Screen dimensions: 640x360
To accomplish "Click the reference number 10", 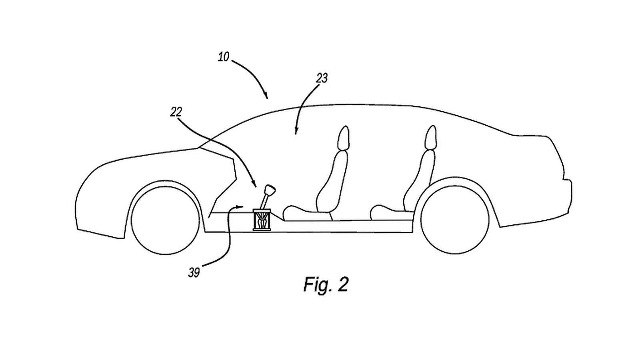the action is pos(224,57).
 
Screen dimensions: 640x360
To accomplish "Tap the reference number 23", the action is pos(322,78).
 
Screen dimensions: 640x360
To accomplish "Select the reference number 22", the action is pos(176,112).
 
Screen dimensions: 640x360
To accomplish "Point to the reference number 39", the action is pos(194,273).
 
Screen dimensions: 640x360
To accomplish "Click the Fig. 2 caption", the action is pos(326,284).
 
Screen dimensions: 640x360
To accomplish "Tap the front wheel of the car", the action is pos(166,220).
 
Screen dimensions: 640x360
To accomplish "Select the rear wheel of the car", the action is pos(455,220).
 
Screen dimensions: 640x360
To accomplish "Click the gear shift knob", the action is pos(270,190).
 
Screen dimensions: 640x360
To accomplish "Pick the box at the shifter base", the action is pos(262,220).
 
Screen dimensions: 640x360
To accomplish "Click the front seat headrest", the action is pos(343,138).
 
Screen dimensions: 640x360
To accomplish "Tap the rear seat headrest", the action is pos(431,138).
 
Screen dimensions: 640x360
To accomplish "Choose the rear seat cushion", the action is pos(392,213).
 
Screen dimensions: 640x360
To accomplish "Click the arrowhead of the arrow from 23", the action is pos(296,132).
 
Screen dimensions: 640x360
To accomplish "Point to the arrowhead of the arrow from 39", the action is pos(240,206).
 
